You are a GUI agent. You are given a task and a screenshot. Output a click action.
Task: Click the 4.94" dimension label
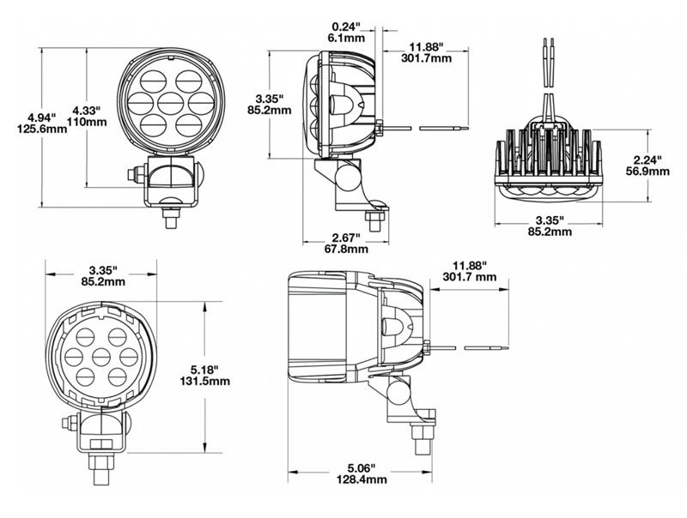pos(42,117)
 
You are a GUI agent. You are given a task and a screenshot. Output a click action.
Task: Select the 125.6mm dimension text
pos(42,129)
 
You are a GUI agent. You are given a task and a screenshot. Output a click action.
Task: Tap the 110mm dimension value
pos(88,122)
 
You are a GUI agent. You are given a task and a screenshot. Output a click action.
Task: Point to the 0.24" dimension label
pos(346,27)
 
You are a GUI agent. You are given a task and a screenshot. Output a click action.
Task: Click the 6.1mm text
pos(346,38)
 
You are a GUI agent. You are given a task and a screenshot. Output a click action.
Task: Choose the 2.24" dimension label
pos(647,160)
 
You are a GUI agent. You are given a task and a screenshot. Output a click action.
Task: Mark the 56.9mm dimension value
pos(647,171)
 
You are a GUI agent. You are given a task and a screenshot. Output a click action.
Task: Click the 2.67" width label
pos(346,238)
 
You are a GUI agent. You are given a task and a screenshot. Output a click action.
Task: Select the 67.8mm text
pos(346,249)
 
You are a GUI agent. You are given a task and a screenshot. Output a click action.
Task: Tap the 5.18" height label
pos(205,370)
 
